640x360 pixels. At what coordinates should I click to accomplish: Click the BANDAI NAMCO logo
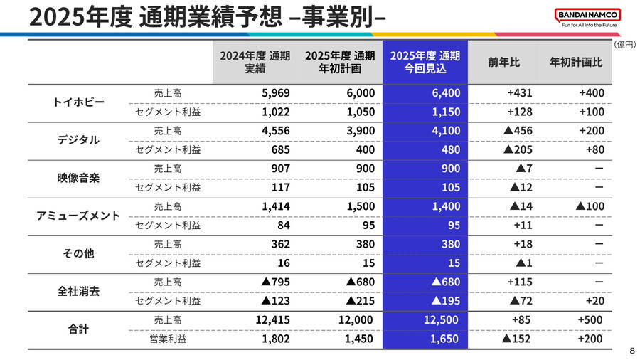pyautogui.click(x=587, y=15)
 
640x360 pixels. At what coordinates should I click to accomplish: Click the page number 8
pyautogui.click(x=632, y=351)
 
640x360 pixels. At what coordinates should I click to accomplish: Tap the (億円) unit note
pyautogui.click(x=625, y=44)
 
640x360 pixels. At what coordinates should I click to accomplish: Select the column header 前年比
pyautogui.click(x=503, y=62)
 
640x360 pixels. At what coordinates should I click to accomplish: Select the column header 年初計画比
pyautogui.click(x=575, y=62)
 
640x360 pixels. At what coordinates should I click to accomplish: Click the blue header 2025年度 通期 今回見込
pyautogui.click(x=425, y=62)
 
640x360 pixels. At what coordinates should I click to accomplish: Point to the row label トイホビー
pyautogui.click(x=79, y=102)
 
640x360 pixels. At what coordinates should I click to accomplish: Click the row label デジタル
pyautogui.click(x=79, y=140)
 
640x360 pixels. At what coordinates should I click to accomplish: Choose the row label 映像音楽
pyautogui.click(x=79, y=178)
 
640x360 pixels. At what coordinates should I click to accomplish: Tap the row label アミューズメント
pyautogui.click(x=79, y=216)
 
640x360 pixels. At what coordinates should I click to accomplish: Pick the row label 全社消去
pyautogui.click(x=79, y=291)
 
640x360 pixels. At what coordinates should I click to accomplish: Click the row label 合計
pyautogui.click(x=79, y=329)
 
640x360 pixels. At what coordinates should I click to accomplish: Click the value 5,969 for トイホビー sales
pyautogui.click(x=276, y=93)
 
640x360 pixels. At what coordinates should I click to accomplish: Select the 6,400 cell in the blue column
pyautogui.click(x=445, y=93)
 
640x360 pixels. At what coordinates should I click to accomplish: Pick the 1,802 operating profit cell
pyautogui.click(x=276, y=339)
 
